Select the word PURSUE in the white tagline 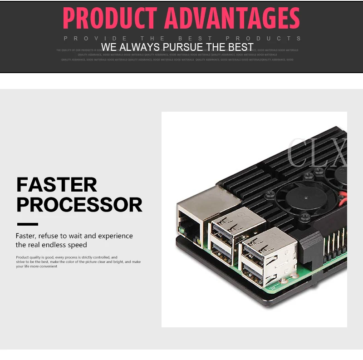tap(181, 47)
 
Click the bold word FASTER tap(57, 185)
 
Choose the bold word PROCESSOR tap(79, 205)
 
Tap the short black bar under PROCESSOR tap(27, 224)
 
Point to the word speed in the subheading tap(78, 245)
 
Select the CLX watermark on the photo tap(318, 153)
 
